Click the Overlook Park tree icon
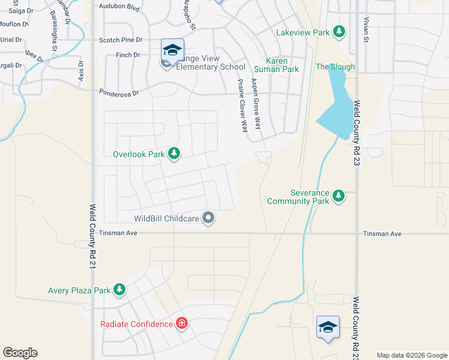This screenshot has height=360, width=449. (174, 154)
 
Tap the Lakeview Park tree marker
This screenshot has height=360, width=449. (339, 31)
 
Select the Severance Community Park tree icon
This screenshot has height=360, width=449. (339, 196)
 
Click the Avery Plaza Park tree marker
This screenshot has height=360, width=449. (119, 290)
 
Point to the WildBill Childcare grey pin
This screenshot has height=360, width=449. (208, 218)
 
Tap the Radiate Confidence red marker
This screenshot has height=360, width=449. (181, 325)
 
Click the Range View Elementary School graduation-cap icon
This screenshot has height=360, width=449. (172, 50)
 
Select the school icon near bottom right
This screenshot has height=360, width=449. (328, 327)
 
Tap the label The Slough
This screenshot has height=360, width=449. (335, 67)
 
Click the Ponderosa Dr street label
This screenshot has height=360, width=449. (119, 93)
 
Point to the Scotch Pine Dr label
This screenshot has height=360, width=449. (121, 40)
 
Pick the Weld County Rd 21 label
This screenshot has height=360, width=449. (92, 235)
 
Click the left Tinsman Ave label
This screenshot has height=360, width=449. (119, 233)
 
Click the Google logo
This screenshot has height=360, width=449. (20, 353)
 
